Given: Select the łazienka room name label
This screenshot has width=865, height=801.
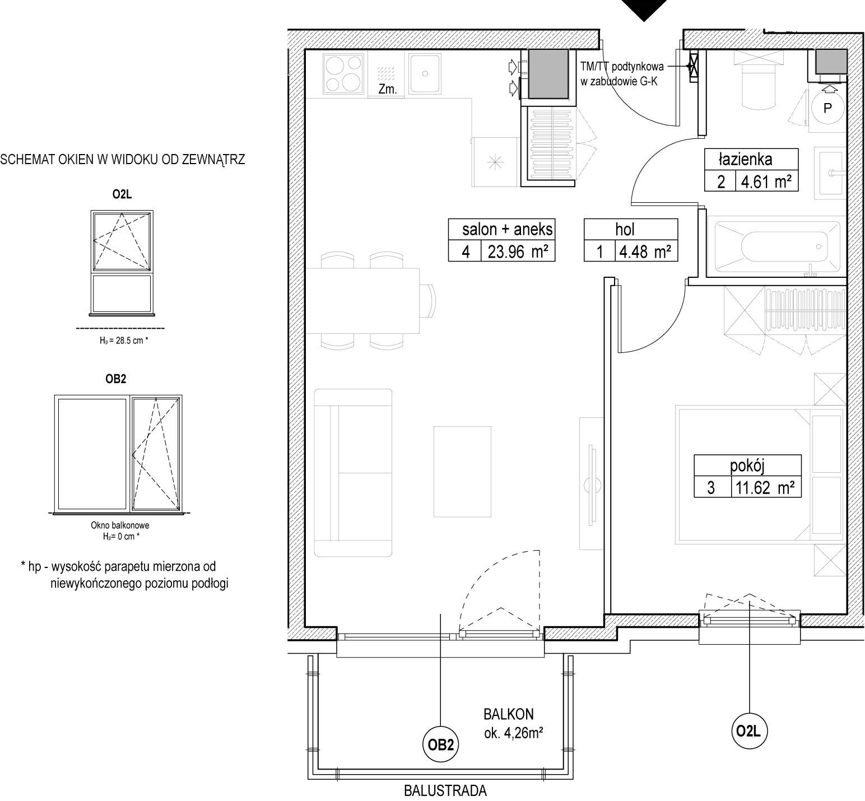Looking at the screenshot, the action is (745, 159).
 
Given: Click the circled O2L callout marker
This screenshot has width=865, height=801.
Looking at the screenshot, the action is (749, 730).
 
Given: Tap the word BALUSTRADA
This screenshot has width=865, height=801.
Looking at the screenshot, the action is (445, 791).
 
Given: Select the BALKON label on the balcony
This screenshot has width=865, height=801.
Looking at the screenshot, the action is (509, 714).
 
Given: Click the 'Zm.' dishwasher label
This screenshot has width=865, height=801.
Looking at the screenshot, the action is (388, 89).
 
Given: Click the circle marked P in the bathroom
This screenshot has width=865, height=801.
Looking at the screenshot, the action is (827, 108).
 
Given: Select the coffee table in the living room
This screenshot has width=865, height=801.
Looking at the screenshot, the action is (462, 471).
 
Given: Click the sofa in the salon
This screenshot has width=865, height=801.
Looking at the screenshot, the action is (352, 473).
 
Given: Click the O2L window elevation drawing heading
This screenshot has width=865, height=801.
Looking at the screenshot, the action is (122, 195).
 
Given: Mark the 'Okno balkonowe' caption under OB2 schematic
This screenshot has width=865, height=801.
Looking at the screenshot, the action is (120, 525).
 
